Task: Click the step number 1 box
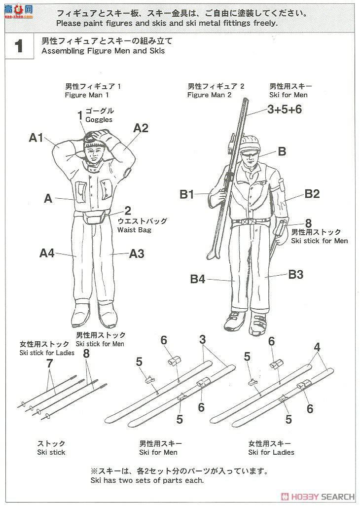tap(19, 46)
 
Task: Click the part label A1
tap(36, 138)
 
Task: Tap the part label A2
tap(141, 128)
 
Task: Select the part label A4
tap(47, 253)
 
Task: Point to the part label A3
tap(137, 253)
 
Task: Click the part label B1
tap(187, 194)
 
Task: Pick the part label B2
tap(312, 194)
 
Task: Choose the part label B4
tap(197, 279)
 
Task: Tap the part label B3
tap(295, 275)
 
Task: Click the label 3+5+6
tap(285, 109)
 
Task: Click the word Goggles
tap(99, 119)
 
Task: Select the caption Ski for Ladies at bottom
tap(271, 452)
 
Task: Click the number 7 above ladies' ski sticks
tap(49, 363)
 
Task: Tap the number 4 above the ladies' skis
tap(317, 347)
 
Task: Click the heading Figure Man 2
tap(209, 95)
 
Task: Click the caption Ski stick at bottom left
tap(51, 452)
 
